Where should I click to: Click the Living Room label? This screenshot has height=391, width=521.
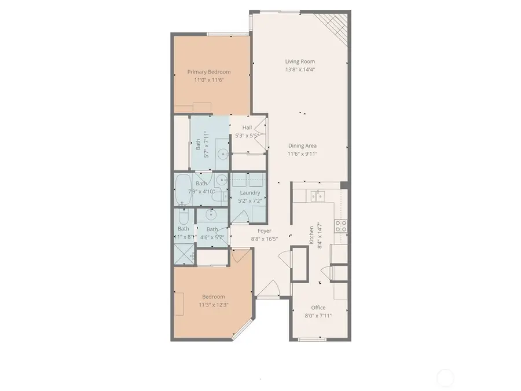(x=299, y=61)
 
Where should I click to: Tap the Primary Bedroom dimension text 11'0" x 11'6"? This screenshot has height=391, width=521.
(x=208, y=80)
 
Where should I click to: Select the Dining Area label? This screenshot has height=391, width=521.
(x=302, y=146)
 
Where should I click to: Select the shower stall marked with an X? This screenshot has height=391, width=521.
(x=184, y=253)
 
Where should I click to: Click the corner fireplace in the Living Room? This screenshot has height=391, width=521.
(x=336, y=23)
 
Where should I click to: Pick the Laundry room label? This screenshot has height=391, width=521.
(x=250, y=193)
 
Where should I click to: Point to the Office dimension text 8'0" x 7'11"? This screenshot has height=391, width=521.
(x=318, y=316)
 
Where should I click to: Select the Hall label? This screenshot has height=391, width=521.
(x=247, y=128)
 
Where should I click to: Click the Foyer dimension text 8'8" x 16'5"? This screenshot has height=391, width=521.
(x=264, y=238)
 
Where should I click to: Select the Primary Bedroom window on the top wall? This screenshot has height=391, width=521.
(x=225, y=34)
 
